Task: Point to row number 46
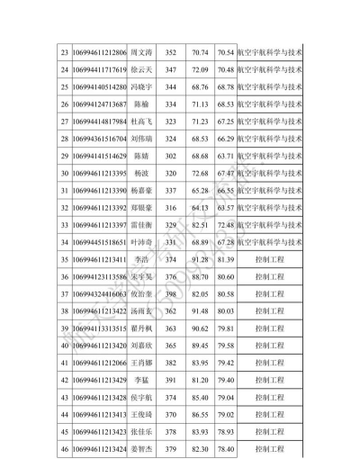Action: [64, 447]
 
